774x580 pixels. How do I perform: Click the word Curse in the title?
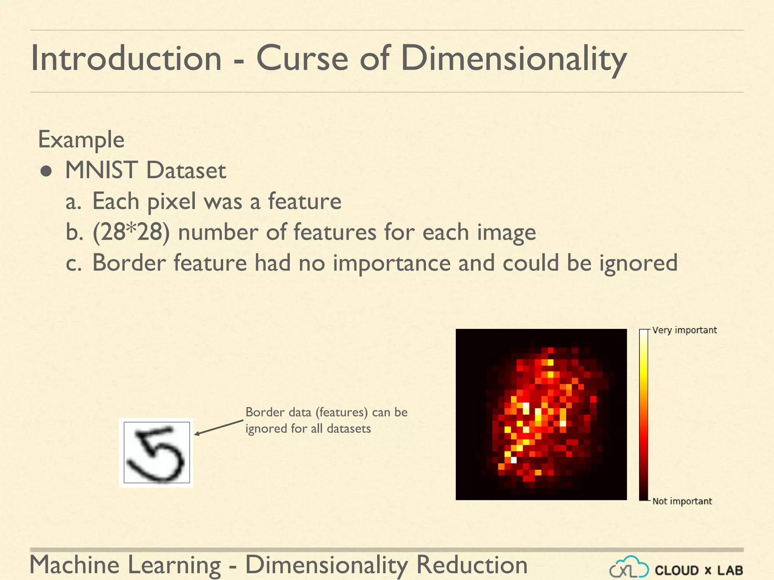point(302,59)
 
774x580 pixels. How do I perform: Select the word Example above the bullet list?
point(81,140)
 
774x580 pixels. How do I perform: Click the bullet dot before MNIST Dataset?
point(46,171)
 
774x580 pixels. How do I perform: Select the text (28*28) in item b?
point(131,232)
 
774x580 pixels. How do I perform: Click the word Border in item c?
point(129,263)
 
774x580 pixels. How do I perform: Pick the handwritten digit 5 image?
point(156,452)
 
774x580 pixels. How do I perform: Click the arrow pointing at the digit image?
point(218,427)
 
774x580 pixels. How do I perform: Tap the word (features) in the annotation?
point(342,412)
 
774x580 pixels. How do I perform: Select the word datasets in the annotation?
point(349,429)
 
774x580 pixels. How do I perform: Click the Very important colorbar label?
point(684,330)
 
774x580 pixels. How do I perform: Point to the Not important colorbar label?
point(682,501)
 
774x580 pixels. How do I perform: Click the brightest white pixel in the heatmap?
point(514,460)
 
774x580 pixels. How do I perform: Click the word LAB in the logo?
point(730,570)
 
